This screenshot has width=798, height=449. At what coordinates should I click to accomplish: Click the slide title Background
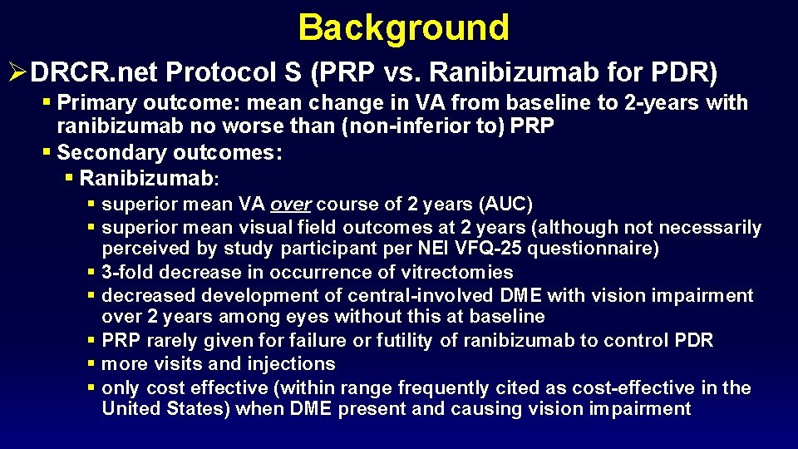point(403,27)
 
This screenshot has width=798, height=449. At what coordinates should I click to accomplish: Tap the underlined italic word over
point(291,204)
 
